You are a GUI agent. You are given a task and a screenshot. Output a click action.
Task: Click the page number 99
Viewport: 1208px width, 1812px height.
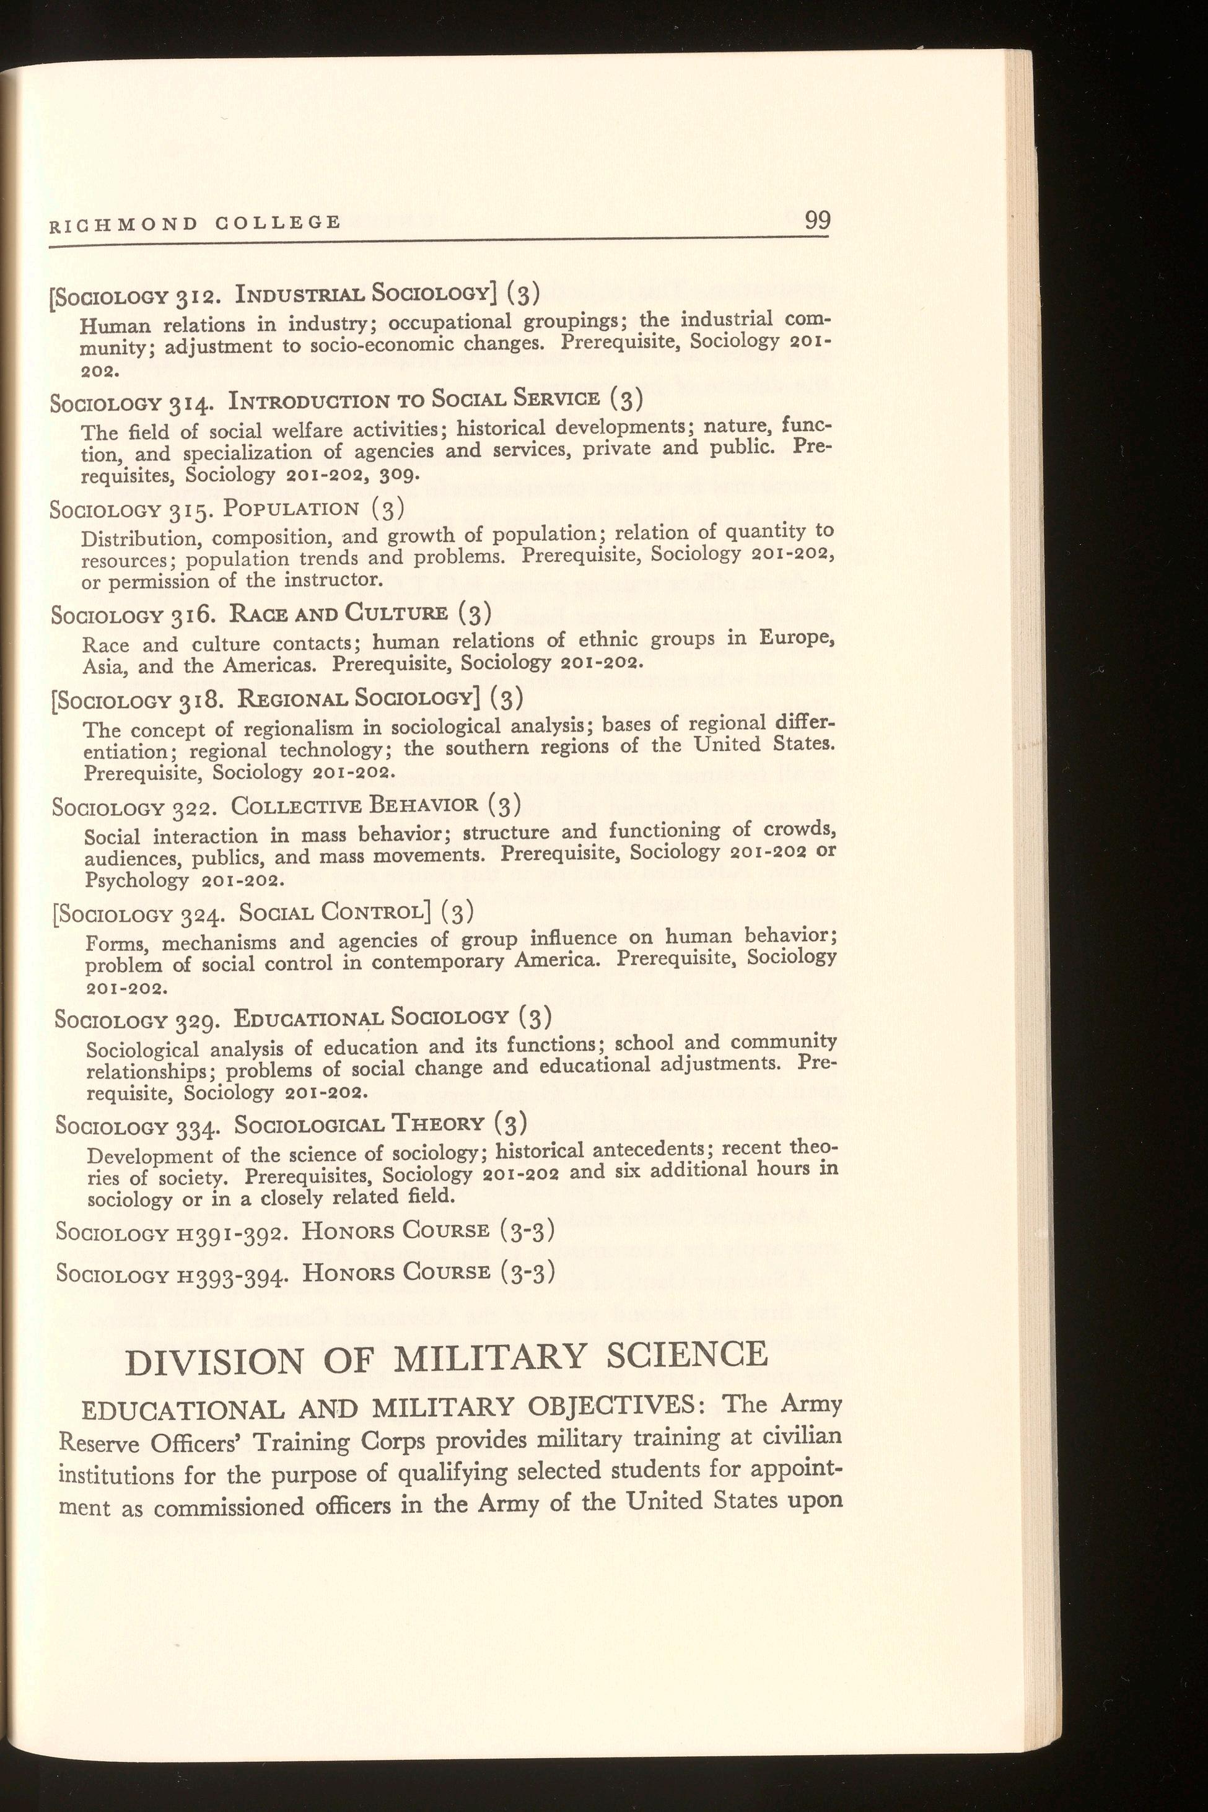pyautogui.click(x=817, y=221)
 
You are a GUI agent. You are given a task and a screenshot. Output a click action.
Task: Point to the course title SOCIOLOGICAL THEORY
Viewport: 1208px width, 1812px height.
pyautogui.click(x=359, y=1125)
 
